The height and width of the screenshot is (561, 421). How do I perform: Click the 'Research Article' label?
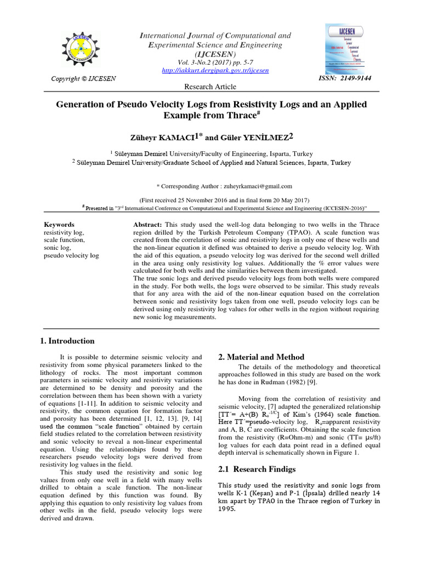point(210,87)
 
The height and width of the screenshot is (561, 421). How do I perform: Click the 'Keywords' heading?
point(59,225)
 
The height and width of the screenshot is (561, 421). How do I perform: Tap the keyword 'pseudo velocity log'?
point(71,255)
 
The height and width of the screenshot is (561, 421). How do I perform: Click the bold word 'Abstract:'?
point(147,225)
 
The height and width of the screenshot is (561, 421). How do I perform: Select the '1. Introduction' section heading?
point(67,341)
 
